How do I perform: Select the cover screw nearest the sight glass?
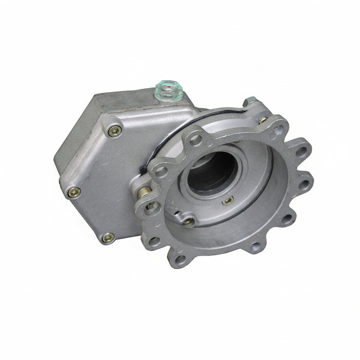click(x=115, y=131)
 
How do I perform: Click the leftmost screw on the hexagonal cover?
click(x=74, y=192)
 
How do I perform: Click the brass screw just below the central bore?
click(x=227, y=200)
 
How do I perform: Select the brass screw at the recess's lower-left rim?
click(x=189, y=222)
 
